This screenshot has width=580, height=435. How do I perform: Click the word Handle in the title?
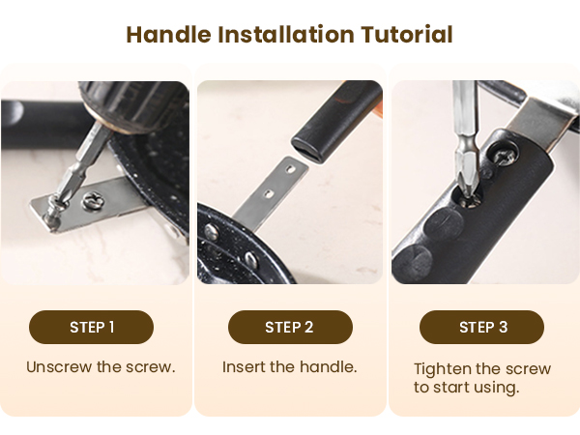[x=168, y=35]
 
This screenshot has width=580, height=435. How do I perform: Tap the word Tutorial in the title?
[x=407, y=35]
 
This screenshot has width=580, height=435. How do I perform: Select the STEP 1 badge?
[x=92, y=328]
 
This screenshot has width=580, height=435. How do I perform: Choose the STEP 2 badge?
[x=290, y=328]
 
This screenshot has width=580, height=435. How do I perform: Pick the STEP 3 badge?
[x=481, y=328]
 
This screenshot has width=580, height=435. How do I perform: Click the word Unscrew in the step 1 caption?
[x=59, y=367]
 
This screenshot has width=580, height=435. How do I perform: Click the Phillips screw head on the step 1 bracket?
[x=94, y=202]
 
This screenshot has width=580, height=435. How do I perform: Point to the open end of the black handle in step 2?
[x=309, y=151]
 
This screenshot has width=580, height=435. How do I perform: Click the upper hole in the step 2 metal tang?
[x=290, y=169]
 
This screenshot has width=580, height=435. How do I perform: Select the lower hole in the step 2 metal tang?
[x=270, y=193]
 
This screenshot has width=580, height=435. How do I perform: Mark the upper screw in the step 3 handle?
[x=503, y=154]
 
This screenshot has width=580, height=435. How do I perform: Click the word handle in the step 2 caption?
[x=328, y=367]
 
